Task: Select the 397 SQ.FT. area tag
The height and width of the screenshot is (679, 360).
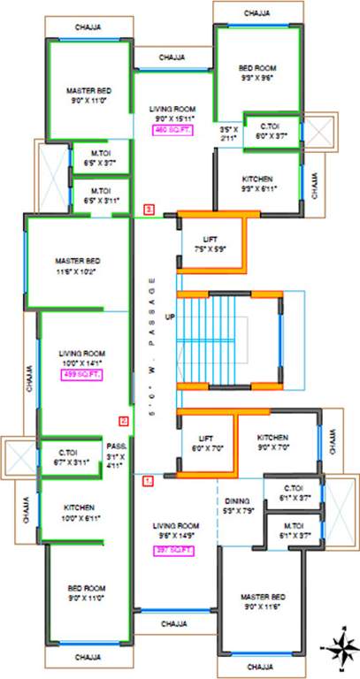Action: [172, 549]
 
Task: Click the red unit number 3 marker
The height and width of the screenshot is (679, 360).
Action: [149, 210]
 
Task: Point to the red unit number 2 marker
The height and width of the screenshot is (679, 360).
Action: [124, 421]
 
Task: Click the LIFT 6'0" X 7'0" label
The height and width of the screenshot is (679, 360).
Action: [205, 443]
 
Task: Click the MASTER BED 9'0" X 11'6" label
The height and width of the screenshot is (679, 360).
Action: [264, 602]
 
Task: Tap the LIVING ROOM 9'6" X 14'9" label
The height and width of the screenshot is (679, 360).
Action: [173, 530]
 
